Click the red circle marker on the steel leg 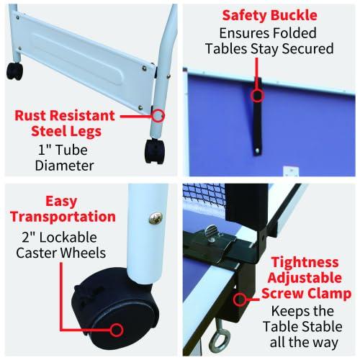click(158, 114)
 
